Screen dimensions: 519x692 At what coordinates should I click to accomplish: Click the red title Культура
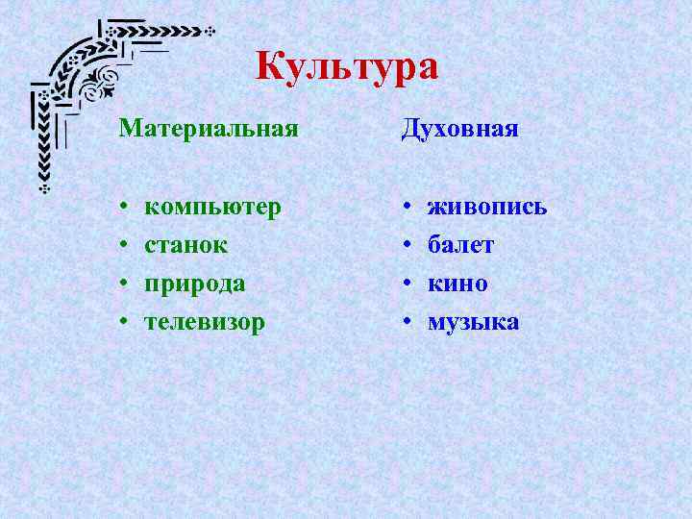pos(347,67)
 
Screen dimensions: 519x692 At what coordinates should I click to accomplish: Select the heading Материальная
pos(209,129)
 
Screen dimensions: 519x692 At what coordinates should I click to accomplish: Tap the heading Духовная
pos(459,129)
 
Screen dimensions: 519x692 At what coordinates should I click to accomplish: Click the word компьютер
pos(212,208)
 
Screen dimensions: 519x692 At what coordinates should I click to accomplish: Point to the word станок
pos(185,245)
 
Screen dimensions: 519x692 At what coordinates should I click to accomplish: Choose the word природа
pos(194,284)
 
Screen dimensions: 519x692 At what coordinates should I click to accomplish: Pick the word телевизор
pos(204,322)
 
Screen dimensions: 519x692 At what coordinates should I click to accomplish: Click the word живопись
pos(487,208)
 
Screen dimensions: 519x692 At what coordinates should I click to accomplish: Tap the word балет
pos(460,245)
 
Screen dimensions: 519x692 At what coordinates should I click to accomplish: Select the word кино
pos(457,284)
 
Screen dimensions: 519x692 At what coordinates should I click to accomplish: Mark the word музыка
pos(473,322)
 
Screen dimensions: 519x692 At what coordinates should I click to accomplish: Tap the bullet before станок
pos(124,246)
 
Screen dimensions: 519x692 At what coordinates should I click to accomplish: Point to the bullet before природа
pos(124,284)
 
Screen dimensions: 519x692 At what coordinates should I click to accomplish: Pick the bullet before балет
pos(408,246)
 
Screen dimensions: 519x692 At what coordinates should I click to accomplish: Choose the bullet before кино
pos(408,284)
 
